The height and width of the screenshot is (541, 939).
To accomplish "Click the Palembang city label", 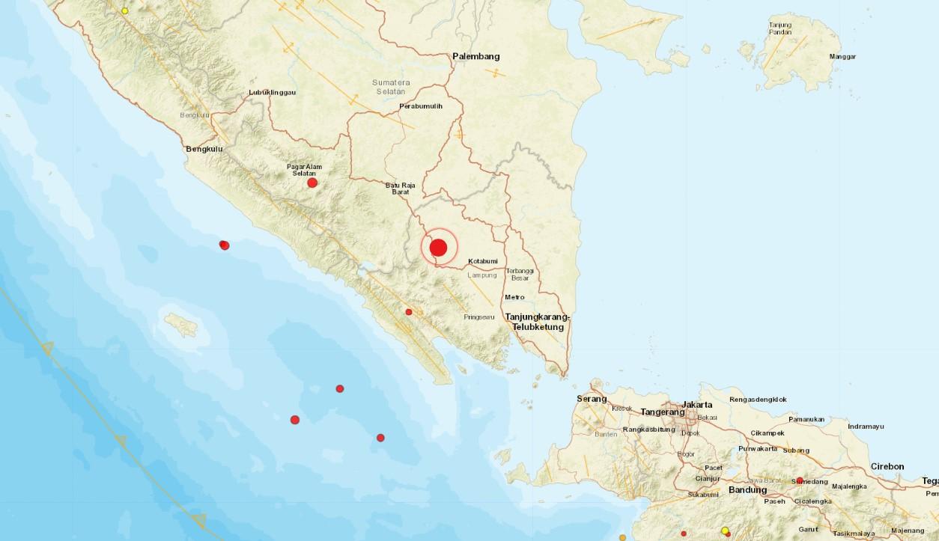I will pos(475,56).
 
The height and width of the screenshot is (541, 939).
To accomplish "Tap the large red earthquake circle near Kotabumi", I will pos(438,248).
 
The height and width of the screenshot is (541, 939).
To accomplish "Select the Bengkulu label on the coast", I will pos(204,150).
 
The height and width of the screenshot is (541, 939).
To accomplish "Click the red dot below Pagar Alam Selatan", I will pos(312,183).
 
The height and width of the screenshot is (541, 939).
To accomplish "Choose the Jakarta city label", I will pos(697,405).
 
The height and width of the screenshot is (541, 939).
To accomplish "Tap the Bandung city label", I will pos(747,490).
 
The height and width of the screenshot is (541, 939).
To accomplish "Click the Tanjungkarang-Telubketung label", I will pos(537,322).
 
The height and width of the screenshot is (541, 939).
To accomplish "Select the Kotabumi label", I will pos(483,261).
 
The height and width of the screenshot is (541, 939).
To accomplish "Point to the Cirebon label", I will pos(887,467).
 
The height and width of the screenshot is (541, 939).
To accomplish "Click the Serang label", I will pos(592,399).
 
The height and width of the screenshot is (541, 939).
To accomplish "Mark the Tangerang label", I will pos(663,412).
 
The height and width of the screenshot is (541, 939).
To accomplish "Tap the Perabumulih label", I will pos(421,106).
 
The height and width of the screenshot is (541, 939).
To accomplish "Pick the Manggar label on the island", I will pos(842,57).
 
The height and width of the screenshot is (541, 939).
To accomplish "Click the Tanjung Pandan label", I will pos(780,29).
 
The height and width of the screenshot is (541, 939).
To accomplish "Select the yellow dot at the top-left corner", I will pos(125,11).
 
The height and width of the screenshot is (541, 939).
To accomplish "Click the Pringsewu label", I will pos(479,317).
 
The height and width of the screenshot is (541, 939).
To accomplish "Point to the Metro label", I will pos(514,297).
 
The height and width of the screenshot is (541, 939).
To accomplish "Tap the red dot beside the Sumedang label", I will pos(800,480).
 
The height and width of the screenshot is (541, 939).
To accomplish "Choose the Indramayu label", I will pos(866,427).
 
